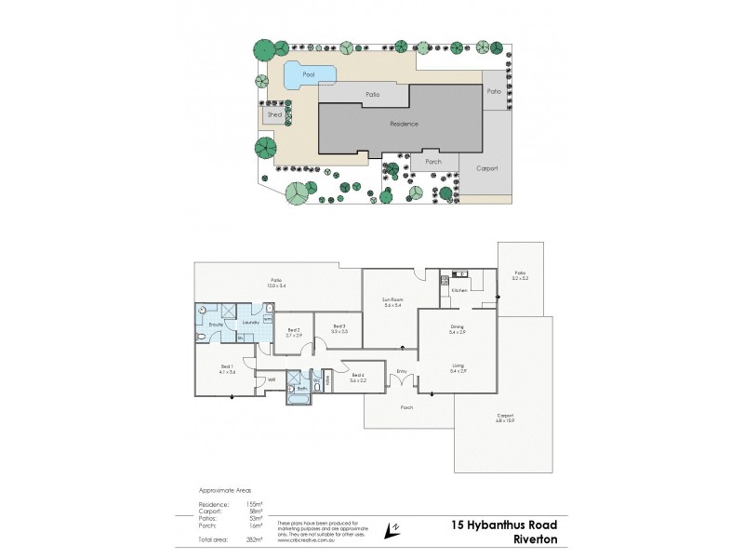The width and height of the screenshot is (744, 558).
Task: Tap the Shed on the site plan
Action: coord(274,114)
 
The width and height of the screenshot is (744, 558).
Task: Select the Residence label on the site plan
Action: coord(404,124)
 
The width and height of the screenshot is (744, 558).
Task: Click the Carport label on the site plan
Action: coord(486,168)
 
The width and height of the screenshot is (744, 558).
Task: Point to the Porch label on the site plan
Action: coord(432,161)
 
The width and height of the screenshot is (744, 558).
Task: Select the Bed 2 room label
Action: coord(293,332)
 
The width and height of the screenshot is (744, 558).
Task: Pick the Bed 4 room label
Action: coord(358,378)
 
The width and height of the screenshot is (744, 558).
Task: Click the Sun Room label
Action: coord(392,302)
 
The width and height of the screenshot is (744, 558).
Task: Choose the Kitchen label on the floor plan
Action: coord(458,291)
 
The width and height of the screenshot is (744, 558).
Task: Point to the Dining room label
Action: coord(457,328)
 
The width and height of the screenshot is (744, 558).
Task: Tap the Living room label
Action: coord(457,367)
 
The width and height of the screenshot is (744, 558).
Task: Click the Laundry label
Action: coord(250,323)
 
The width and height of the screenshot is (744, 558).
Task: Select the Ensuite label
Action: coord(215,323)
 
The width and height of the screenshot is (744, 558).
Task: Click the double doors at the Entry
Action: coord(402,381)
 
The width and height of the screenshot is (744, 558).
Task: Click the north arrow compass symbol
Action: coord(396,528)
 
